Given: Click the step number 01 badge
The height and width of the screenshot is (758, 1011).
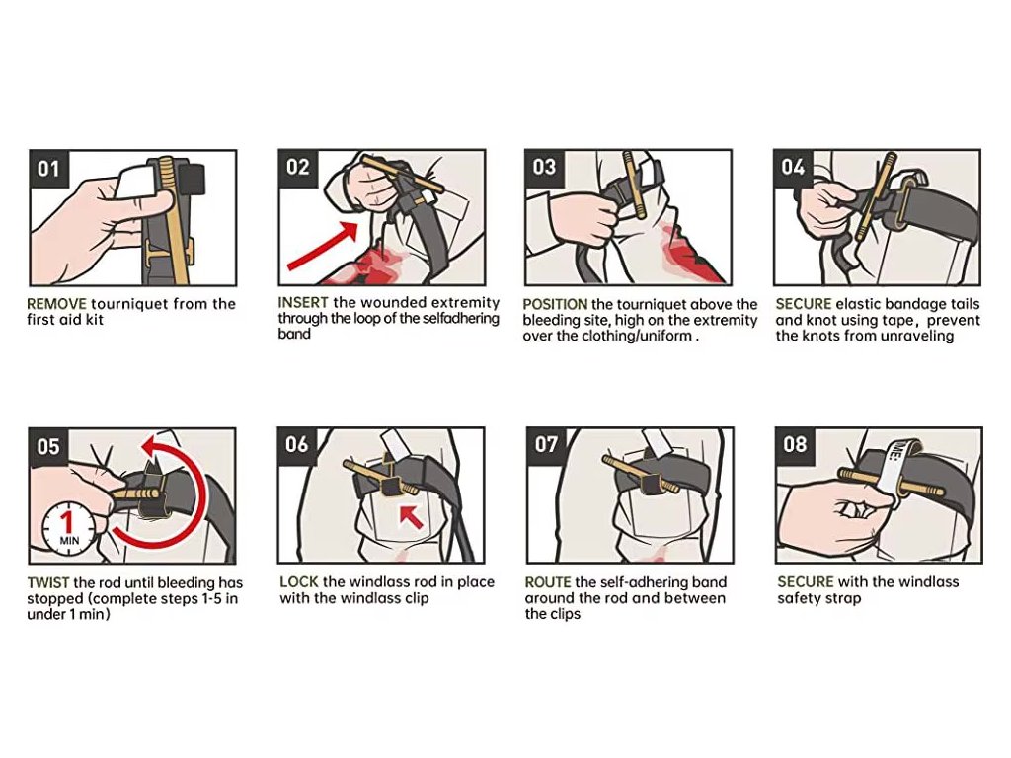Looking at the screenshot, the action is click(49, 169).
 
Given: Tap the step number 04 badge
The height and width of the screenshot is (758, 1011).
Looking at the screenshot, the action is click(793, 168).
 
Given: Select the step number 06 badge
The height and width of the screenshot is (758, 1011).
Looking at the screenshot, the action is click(297, 445).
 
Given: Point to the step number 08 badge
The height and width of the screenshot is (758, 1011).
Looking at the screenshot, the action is click(795, 445).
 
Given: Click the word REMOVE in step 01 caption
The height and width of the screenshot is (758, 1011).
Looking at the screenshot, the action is click(56, 304).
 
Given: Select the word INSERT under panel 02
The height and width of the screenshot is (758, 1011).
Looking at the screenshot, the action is click(303, 302).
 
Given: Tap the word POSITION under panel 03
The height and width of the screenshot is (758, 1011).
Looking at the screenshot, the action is click(555, 304).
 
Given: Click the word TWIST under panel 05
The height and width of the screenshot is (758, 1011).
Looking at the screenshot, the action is click(48, 583).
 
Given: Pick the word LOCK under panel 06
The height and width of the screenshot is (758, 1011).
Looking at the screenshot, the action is click(299, 582).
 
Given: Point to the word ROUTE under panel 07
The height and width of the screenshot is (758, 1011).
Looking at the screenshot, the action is click(548, 582).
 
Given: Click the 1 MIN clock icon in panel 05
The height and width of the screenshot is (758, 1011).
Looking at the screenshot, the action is click(68, 528).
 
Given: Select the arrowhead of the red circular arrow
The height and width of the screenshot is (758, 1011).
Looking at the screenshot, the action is click(153, 445).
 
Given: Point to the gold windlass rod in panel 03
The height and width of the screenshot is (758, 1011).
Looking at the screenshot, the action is click(633, 187).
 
